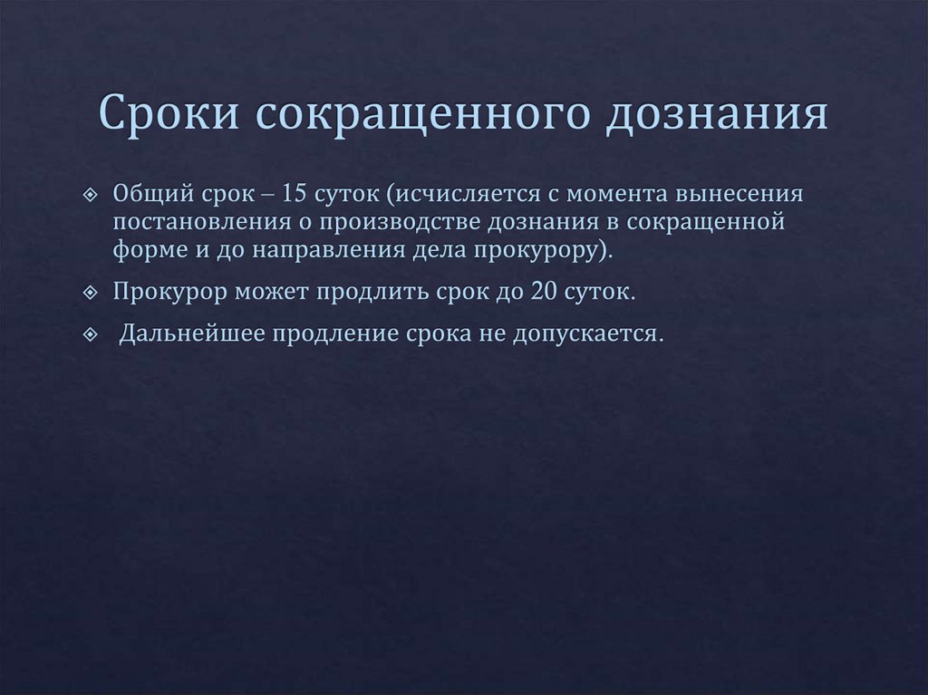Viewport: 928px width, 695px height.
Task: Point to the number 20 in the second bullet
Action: pos(553,294)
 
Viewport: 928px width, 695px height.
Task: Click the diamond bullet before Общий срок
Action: pos(89,196)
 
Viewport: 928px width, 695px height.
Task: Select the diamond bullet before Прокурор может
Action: pos(89,294)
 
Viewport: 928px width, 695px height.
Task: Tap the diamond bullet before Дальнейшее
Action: pos(89,334)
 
